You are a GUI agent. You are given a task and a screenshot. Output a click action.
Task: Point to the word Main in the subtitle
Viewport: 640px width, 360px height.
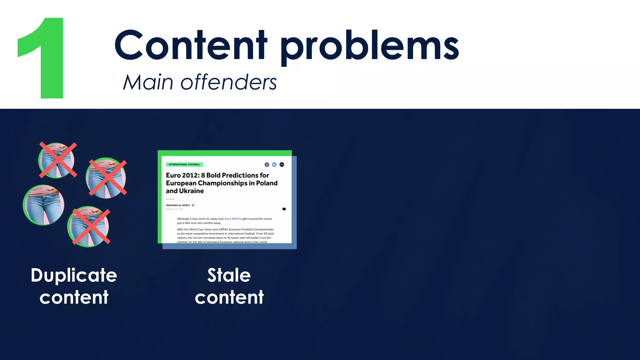[x=148, y=82]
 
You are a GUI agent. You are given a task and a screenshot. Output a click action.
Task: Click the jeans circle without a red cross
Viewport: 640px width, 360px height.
[x=44, y=205]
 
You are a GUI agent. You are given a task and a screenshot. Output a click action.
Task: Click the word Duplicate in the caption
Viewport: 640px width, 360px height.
[x=74, y=275]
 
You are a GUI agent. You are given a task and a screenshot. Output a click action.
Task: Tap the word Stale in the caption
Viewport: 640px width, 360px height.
[x=229, y=275]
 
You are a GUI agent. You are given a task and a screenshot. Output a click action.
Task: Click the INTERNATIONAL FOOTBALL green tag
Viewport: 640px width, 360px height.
[x=184, y=164]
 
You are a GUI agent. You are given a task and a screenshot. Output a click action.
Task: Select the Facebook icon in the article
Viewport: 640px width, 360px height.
[x=267, y=165]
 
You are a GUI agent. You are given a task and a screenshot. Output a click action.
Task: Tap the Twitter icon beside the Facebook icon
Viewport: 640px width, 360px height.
[x=274, y=165]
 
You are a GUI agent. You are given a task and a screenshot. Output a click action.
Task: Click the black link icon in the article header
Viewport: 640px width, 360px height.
[x=282, y=165]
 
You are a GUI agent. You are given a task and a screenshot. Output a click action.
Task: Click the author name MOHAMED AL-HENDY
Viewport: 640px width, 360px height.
[x=178, y=205]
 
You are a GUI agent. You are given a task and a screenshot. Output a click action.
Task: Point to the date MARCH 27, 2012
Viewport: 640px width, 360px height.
[x=175, y=209]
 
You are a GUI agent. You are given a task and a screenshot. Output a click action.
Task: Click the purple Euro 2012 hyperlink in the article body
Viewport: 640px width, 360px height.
[x=231, y=219]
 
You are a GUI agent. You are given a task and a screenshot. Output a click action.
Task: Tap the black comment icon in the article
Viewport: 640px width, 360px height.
[x=284, y=209]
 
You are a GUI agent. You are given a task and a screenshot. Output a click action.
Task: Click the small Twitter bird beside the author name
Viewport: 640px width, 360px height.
[x=193, y=205]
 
